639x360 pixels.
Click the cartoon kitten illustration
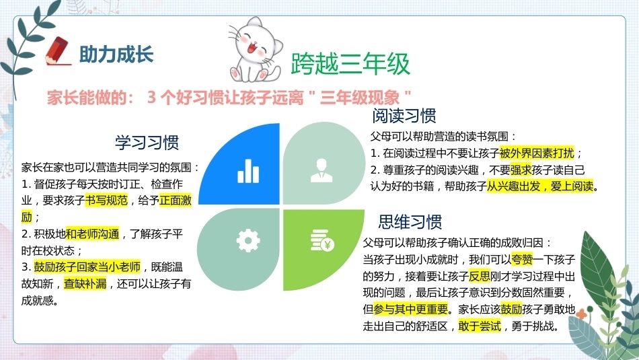pyautogui.click(x=256, y=50)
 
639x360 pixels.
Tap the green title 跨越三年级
pyautogui.click(x=350, y=64)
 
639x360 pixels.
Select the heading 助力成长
pyautogui.click(x=116, y=55)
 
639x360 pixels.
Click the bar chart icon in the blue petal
pyautogui.click(x=248, y=171)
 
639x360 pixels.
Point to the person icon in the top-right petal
pyautogui.click(x=322, y=170)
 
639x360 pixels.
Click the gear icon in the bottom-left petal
pyautogui.click(x=248, y=240)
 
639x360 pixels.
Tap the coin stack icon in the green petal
pyautogui.click(x=322, y=240)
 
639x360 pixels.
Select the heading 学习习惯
pyautogui.click(x=147, y=143)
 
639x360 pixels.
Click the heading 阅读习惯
pyautogui.click(x=404, y=116)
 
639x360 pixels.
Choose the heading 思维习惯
pyautogui.click(x=410, y=222)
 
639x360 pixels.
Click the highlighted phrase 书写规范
pyautogui.click(x=106, y=201)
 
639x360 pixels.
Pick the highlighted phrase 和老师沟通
pyautogui.click(x=93, y=234)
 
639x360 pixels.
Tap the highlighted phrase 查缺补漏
pyautogui.click(x=85, y=284)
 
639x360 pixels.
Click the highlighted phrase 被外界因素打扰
pyautogui.click(x=537, y=153)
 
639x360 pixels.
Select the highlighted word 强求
pyautogui.click(x=521, y=170)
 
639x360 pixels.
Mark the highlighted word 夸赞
pyautogui.click(x=522, y=260)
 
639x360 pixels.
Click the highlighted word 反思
pyautogui.click(x=480, y=277)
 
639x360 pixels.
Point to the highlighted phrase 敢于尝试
pyautogui.click(x=480, y=326)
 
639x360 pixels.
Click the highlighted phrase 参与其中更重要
pyautogui.click(x=411, y=310)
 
